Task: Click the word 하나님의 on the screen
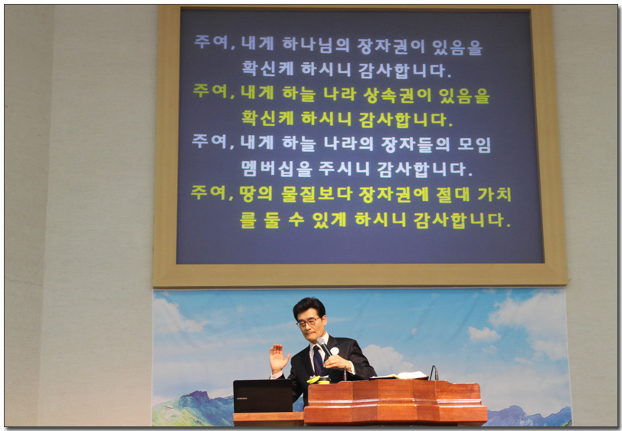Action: coord(316,44)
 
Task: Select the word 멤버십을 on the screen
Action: coord(277,169)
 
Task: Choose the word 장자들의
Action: coord(416,144)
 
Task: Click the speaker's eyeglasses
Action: coord(309,322)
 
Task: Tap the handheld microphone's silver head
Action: coord(321,341)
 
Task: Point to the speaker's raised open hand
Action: coord(279,358)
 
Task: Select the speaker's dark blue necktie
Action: coord(317,360)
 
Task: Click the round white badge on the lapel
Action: coord(335,350)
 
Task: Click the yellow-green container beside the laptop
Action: coord(319,380)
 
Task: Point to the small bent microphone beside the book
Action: coord(434,373)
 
